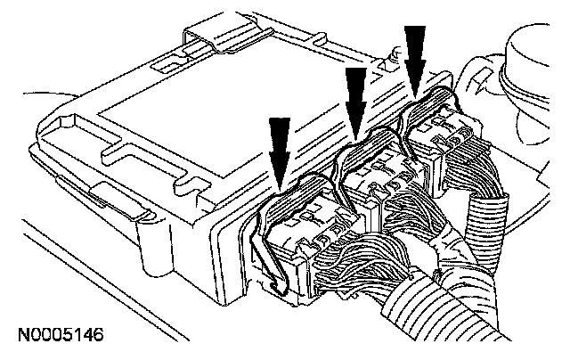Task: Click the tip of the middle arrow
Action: click(x=355, y=136)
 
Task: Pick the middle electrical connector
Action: click(x=374, y=178)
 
